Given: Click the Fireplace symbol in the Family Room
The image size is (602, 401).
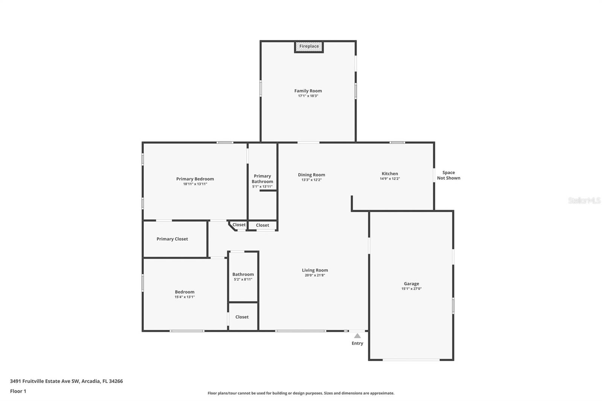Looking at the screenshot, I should tap(309, 47).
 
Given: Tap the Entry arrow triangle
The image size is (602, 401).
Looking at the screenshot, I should tap(357, 336).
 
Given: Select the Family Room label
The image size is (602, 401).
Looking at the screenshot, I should tap(308, 91).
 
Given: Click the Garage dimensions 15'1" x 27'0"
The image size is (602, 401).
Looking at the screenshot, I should tap(411, 289).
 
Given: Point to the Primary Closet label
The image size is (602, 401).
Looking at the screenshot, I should tap(172, 239).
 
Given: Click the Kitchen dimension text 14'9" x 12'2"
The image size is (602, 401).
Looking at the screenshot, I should tap(389, 179).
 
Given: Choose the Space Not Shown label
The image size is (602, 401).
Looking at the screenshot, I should tap(448, 175).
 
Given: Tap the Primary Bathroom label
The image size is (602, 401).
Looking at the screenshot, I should tap(262, 179).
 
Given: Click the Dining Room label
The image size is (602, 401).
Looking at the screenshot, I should tap(311, 175).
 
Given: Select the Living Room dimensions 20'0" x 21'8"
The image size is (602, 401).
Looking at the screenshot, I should tap(315, 275).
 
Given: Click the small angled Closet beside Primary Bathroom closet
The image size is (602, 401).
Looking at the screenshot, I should tap(239, 225).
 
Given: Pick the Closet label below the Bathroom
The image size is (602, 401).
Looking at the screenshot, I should tap(242, 317).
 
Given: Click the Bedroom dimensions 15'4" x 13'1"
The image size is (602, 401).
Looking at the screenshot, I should tap(184, 297).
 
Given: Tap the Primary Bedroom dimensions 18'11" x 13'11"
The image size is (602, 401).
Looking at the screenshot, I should tap(195, 184).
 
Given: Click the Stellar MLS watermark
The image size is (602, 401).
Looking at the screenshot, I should tap(584, 200).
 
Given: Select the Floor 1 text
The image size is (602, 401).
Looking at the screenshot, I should tap(18, 391).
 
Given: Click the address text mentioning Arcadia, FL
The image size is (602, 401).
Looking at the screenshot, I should tap(66, 381).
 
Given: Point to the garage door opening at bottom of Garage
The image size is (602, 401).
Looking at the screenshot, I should tap(411, 360).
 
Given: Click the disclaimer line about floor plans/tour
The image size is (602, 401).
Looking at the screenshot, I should tap(301, 393).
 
